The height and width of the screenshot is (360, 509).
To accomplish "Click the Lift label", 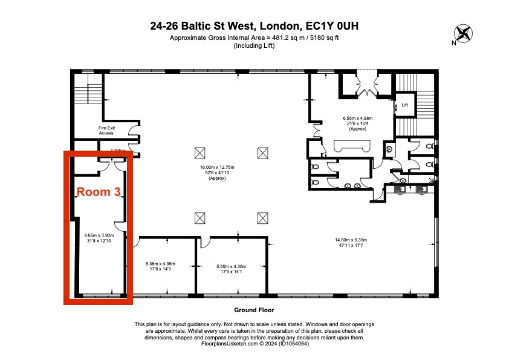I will (405, 105).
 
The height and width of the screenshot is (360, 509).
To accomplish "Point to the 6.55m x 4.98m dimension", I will (357, 122).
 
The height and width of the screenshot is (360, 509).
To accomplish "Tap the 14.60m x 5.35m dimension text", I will (351, 244).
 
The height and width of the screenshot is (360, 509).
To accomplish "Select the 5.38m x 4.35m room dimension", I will (160, 267).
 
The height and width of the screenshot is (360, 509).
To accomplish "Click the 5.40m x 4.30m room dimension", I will (232, 267).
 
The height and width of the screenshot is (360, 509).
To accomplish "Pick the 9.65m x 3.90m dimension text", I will (99, 238).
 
